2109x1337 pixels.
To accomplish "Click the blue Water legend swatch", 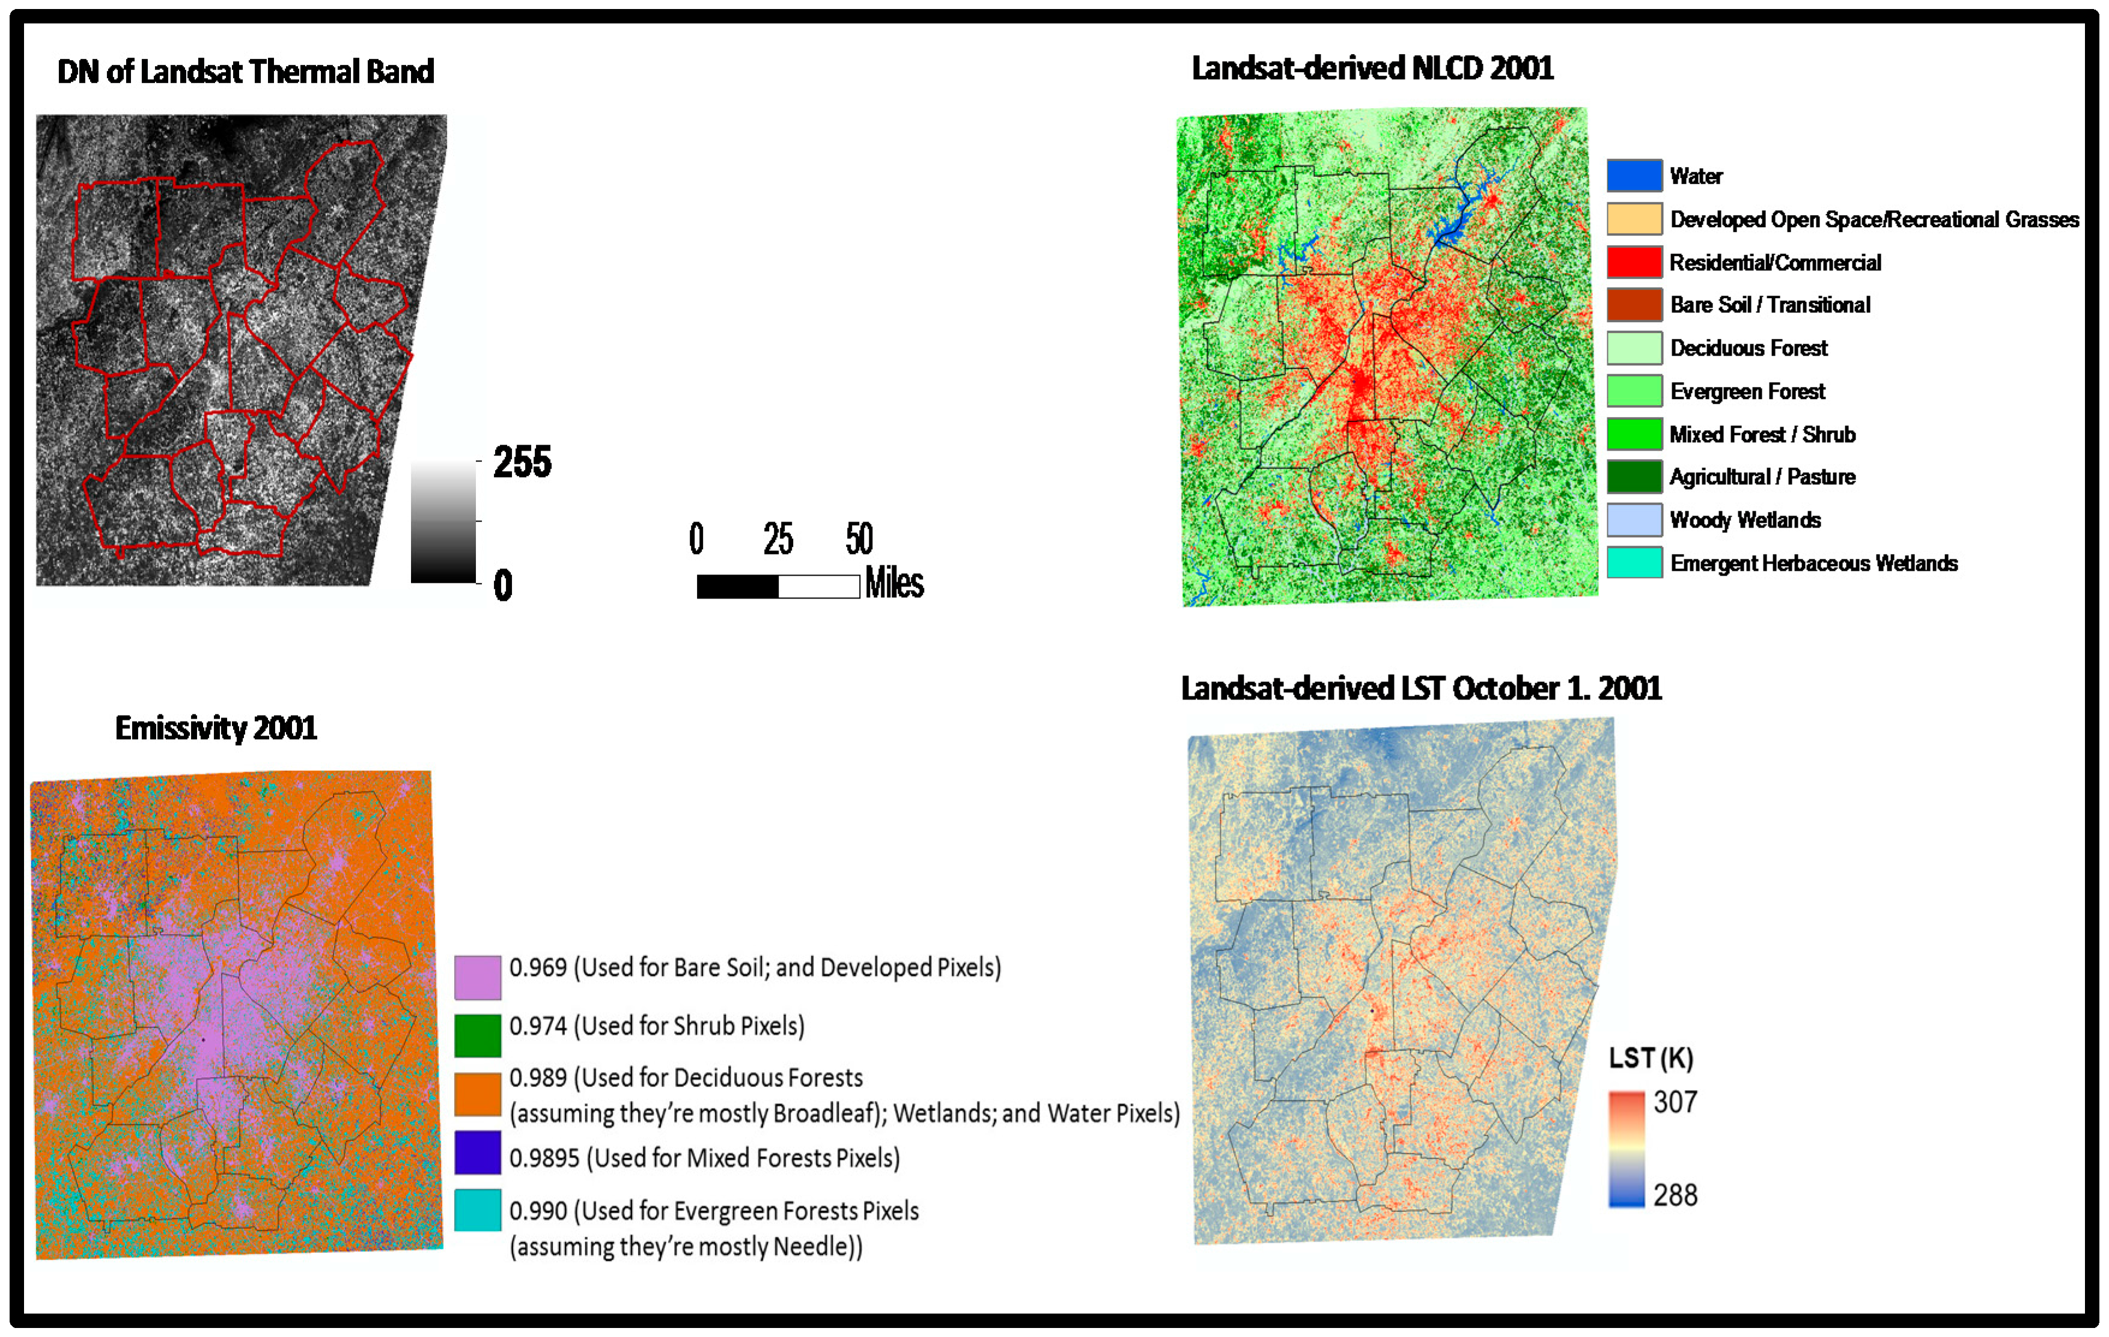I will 1634,175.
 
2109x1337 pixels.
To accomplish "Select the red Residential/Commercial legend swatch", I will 1634,261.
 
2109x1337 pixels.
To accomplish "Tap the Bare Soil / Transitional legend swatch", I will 1634,304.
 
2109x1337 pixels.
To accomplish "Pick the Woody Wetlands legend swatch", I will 1634,520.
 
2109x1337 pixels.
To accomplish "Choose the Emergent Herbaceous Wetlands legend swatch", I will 1634,562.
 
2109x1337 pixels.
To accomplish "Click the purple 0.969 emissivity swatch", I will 477,977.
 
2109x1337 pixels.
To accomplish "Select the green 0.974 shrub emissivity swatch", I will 477,1035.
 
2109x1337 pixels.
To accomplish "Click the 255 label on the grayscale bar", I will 522,461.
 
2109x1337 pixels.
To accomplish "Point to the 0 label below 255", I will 503,585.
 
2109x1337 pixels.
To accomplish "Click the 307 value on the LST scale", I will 1675,1101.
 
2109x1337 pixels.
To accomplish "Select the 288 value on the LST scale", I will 1675,1194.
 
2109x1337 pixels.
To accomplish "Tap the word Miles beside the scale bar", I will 894,583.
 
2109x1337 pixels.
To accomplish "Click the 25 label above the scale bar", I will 778,539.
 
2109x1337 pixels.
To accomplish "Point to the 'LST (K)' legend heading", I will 1651,1058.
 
